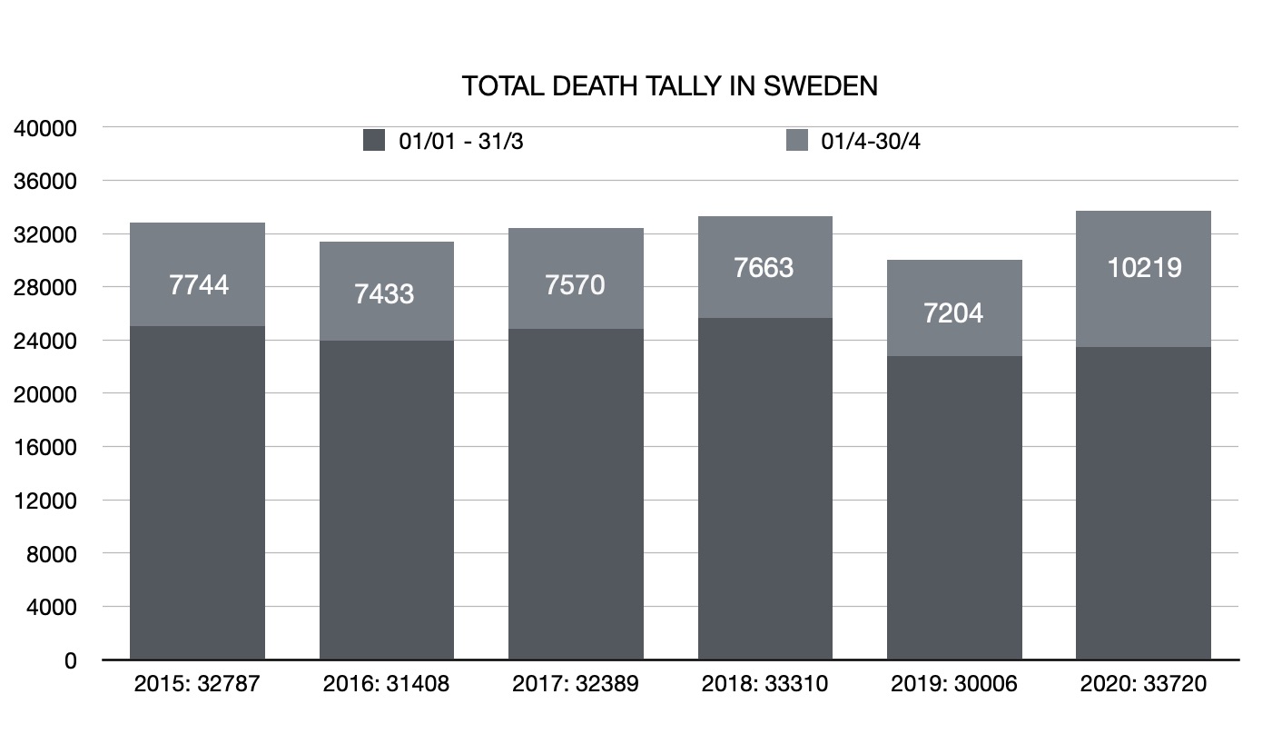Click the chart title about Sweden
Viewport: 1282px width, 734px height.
pos(669,86)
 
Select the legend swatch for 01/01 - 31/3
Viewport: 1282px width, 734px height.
pos(374,141)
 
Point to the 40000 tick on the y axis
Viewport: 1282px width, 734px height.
pos(45,128)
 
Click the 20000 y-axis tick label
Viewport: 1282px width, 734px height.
pos(45,394)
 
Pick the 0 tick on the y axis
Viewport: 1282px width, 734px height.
pos(70,660)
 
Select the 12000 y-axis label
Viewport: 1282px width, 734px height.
pos(45,501)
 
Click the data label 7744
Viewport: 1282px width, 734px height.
pos(199,285)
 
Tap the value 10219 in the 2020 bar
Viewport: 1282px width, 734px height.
pos(1144,267)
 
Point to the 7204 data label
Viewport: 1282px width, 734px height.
pos(953,313)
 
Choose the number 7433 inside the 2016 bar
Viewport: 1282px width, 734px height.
pos(385,294)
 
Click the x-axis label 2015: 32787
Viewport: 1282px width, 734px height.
pos(197,684)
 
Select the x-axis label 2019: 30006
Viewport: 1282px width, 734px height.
pos(954,684)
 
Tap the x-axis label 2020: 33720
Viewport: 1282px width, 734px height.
pos(1143,684)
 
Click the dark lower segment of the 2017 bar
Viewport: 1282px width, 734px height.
pos(576,495)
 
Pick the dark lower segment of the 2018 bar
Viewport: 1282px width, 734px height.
pos(764,491)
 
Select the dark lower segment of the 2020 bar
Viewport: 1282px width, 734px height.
pos(1143,504)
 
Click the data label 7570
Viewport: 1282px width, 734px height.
pos(576,285)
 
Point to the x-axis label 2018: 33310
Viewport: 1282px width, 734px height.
pos(764,684)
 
